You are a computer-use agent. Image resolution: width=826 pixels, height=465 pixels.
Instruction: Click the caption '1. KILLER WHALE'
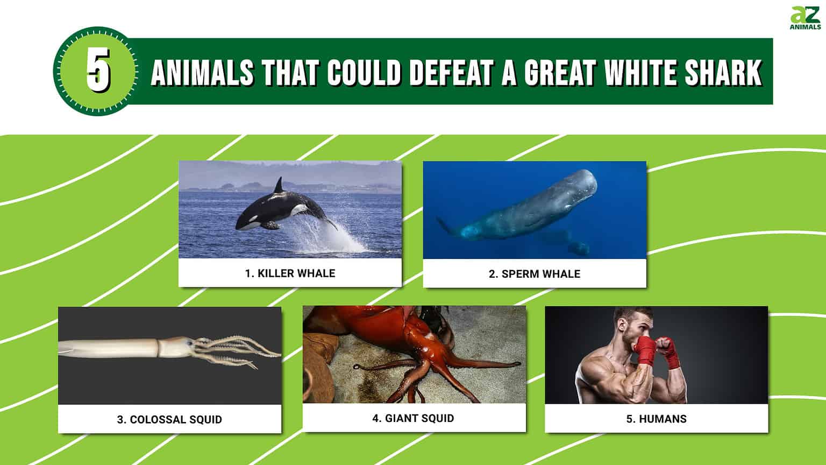[x=290, y=273]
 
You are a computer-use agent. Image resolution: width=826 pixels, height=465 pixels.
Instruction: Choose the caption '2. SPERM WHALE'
[x=534, y=274]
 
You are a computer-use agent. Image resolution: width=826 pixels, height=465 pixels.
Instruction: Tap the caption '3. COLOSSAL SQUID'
[x=169, y=420]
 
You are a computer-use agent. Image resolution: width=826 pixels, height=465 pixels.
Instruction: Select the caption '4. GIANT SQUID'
[x=413, y=418]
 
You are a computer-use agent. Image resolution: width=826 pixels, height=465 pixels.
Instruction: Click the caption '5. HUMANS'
[x=656, y=419]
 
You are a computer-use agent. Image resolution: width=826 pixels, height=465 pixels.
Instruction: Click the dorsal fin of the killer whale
[x=279, y=186]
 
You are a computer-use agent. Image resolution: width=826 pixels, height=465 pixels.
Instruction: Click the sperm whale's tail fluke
[x=444, y=225]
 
